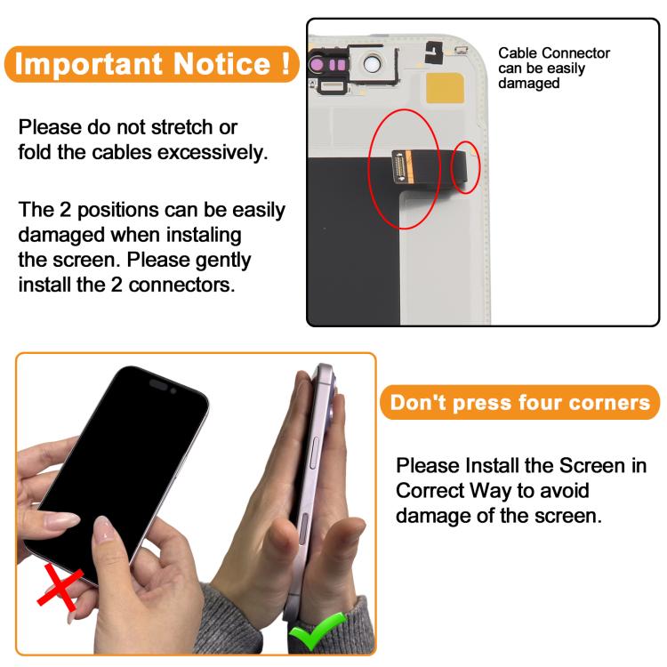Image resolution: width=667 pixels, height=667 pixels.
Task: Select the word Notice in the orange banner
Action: pyautogui.click(x=222, y=63)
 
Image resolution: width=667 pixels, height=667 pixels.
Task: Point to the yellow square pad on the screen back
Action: pyautogui.click(x=445, y=88)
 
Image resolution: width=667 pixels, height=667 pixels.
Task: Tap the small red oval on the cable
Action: pyautogui.click(x=465, y=167)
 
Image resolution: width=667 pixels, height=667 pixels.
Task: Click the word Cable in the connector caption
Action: pyautogui.click(x=517, y=53)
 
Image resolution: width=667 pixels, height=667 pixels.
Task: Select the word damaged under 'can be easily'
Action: pyautogui.click(x=529, y=84)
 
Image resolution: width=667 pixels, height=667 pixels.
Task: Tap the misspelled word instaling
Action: pyautogui.click(x=204, y=236)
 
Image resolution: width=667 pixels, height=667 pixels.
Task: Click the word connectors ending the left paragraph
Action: pyautogui.click(x=181, y=285)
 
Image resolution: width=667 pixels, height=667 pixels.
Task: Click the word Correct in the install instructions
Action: pyautogui.click(x=430, y=490)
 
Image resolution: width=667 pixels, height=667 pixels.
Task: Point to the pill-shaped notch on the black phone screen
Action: pyautogui.click(x=158, y=385)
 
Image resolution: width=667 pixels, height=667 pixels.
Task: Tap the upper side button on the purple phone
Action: pyautogui.click(x=315, y=453)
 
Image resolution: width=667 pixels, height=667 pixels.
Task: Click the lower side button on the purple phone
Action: pyautogui.click(x=303, y=528)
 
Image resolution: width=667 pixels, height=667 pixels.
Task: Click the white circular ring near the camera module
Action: pyautogui.click(x=373, y=64)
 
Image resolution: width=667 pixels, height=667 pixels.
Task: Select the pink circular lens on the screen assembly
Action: pyautogui.click(x=317, y=64)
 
